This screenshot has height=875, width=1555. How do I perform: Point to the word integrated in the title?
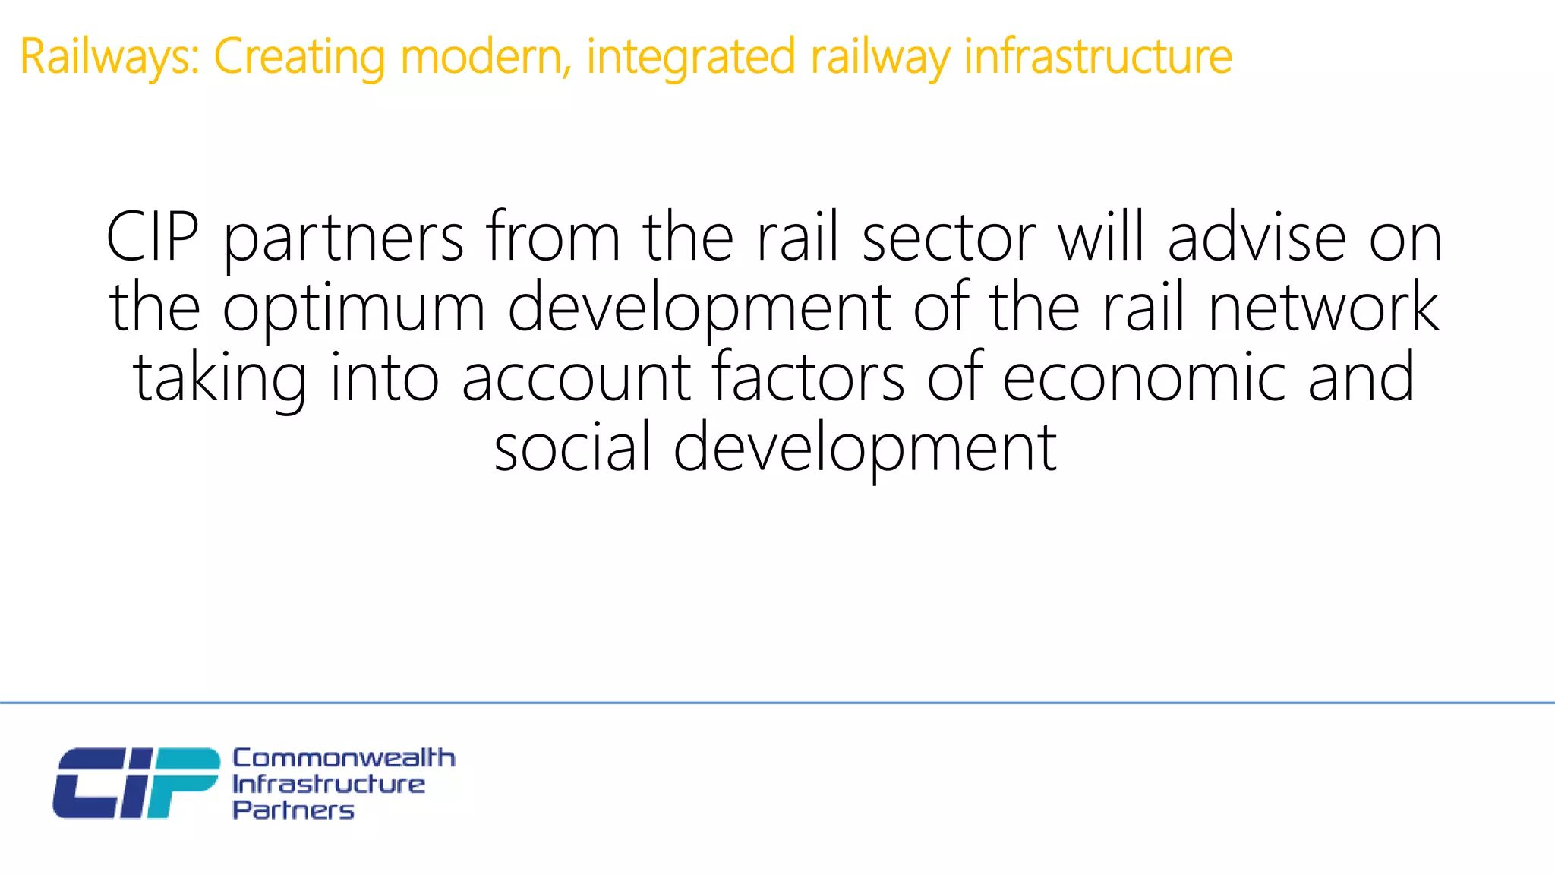pyautogui.click(x=690, y=58)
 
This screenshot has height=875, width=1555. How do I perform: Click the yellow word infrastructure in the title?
pyautogui.click(x=1098, y=58)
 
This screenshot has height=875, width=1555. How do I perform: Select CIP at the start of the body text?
pyautogui.click(x=153, y=238)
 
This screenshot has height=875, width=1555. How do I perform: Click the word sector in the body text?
pyautogui.click(x=948, y=238)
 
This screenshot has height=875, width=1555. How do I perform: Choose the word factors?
pyautogui.click(x=808, y=377)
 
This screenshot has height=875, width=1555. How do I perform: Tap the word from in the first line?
pyautogui.click(x=554, y=238)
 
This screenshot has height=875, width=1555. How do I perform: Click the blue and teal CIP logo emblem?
pyautogui.click(x=135, y=783)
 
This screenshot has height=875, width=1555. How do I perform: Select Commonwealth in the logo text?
pyautogui.click(x=343, y=757)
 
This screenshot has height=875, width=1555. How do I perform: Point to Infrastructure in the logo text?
pyautogui.click(x=329, y=784)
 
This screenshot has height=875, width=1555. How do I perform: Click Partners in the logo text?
pyautogui.click(x=293, y=810)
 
